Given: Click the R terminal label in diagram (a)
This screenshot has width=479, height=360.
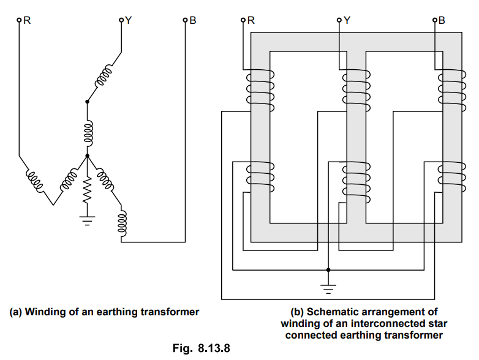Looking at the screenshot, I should point(28,20).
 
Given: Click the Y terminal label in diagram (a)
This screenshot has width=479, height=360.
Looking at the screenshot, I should point(128,20).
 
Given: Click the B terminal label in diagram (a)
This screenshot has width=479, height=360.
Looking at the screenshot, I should point(193,20).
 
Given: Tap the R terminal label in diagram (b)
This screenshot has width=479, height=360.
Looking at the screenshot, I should point(251,20).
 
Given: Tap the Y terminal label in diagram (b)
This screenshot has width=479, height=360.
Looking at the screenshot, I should point(347,20).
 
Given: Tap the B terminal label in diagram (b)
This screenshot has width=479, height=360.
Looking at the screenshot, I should point(442,20).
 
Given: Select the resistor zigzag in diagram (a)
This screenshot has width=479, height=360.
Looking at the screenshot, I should point(86,189).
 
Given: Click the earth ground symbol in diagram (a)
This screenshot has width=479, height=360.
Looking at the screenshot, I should point(86,219).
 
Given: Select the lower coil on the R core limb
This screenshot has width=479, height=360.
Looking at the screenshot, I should point(259,177).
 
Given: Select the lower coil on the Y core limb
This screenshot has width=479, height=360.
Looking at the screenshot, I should point(355,177).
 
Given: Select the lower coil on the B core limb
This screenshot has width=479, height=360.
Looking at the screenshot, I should point(450,177).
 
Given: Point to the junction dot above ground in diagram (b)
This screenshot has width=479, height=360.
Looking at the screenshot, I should point(329,269).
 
